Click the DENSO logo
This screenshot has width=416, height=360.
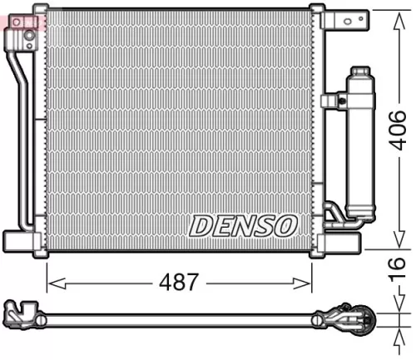point(242,224)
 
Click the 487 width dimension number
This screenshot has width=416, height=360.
point(179,282)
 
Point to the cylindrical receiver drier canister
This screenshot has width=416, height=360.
point(360,150)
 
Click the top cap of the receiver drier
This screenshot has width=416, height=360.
point(360,72)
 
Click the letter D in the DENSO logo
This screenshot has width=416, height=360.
point(201,224)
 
